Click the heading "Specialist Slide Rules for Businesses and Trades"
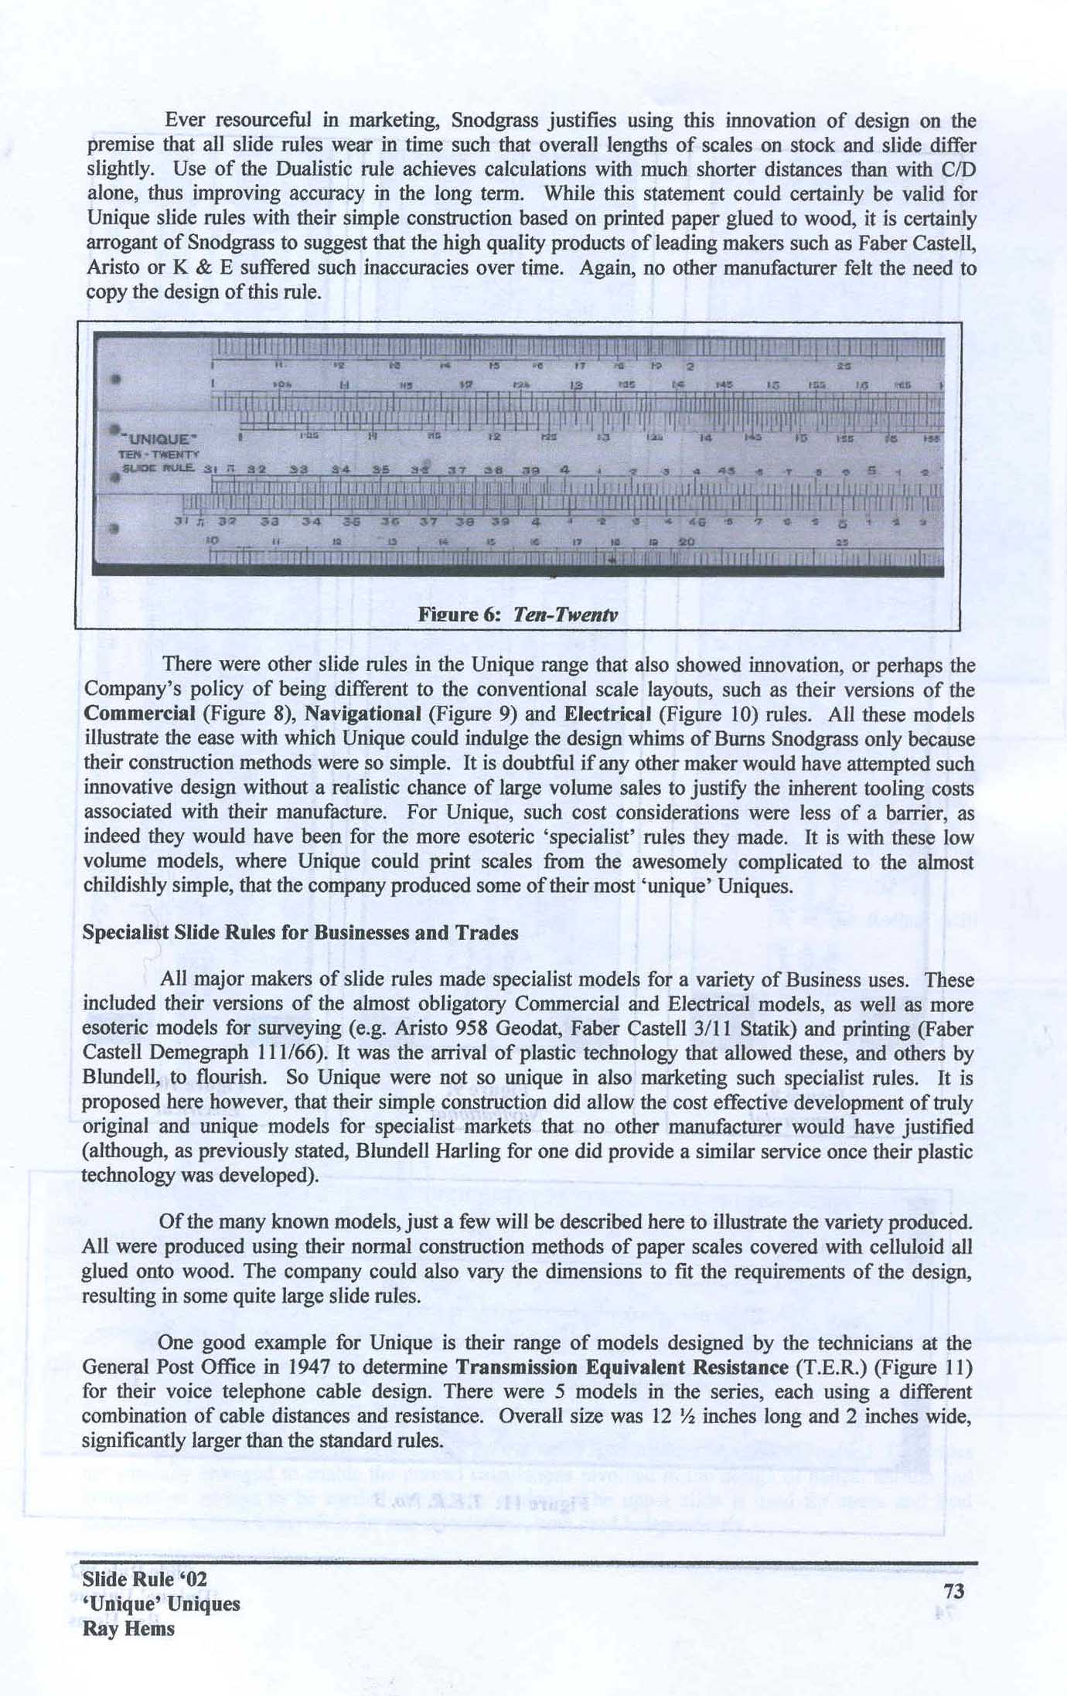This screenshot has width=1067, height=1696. click(x=300, y=933)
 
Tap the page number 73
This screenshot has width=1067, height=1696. click(x=954, y=1591)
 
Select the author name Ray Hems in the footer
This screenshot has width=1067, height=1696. click(x=128, y=1629)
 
